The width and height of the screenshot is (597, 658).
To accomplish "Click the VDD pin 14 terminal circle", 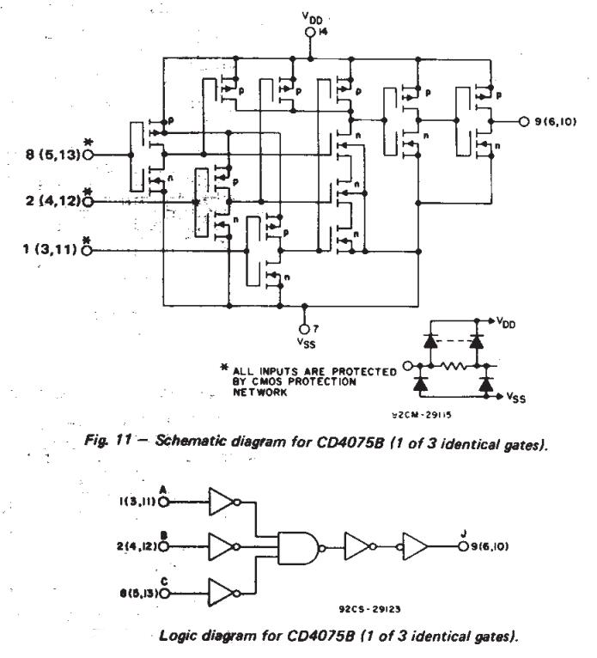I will coord(311,34).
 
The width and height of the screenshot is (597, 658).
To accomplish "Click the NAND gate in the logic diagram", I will coord(297,545).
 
